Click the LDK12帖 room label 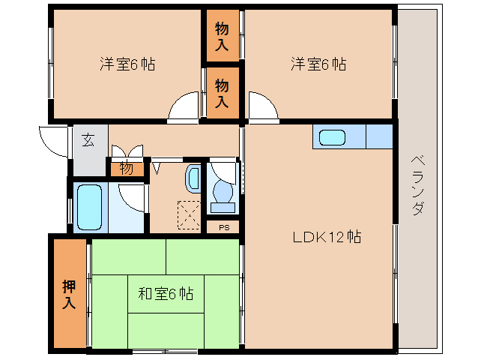click(x=327, y=238)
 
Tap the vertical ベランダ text click(x=417, y=186)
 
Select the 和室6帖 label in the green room click(x=166, y=293)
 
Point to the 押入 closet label click(x=69, y=294)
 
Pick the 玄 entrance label click(x=88, y=140)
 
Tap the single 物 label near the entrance click(x=127, y=169)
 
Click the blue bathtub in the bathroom click(x=89, y=206)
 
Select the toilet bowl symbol click(x=223, y=192)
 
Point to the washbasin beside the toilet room click(x=193, y=178)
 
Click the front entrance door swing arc click(x=52, y=140)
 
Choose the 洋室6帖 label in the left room click(x=127, y=64)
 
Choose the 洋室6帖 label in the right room click(x=318, y=64)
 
